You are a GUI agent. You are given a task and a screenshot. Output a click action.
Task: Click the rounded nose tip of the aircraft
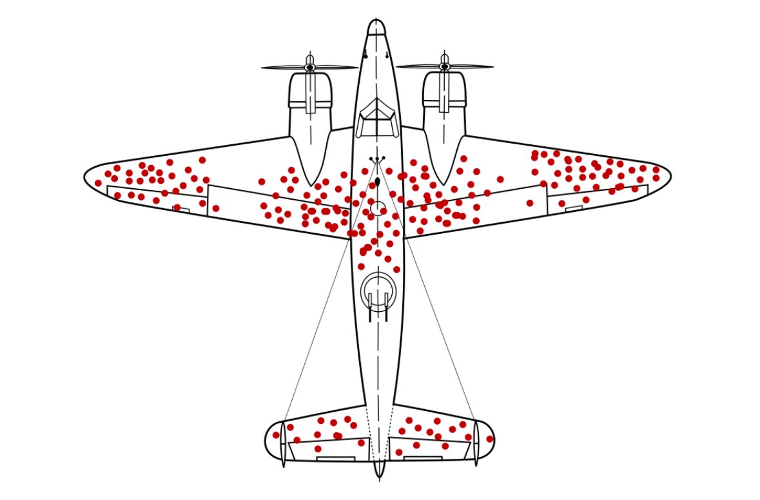(376, 26)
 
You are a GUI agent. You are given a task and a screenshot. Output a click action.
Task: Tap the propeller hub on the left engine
(310, 67)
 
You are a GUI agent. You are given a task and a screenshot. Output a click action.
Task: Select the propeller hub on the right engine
(444, 67)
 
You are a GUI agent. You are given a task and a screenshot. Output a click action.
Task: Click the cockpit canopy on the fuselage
(377, 117)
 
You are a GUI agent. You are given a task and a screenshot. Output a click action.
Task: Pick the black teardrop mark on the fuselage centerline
(378, 182)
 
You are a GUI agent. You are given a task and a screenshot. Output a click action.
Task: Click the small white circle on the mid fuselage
(378, 207)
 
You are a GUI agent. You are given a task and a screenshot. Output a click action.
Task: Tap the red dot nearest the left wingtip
(98, 183)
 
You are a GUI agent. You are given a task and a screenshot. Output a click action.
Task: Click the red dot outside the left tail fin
(276, 435)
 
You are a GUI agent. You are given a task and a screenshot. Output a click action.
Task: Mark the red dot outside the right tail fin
(490, 439)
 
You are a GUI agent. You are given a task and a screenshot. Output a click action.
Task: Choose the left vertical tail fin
(283, 443)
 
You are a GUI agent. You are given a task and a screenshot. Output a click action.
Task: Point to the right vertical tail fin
(476, 443)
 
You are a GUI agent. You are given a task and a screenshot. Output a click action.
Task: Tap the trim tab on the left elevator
(335, 459)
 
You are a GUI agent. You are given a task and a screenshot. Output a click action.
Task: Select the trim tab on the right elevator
(422, 458)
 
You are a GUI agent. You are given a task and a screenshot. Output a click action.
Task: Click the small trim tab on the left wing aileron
(181, 209)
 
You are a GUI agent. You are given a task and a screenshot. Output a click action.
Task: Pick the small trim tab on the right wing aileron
(574, 209)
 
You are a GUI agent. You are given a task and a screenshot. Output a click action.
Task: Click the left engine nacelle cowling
(310, 97)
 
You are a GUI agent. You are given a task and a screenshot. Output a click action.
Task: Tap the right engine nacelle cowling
(444, 97)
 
